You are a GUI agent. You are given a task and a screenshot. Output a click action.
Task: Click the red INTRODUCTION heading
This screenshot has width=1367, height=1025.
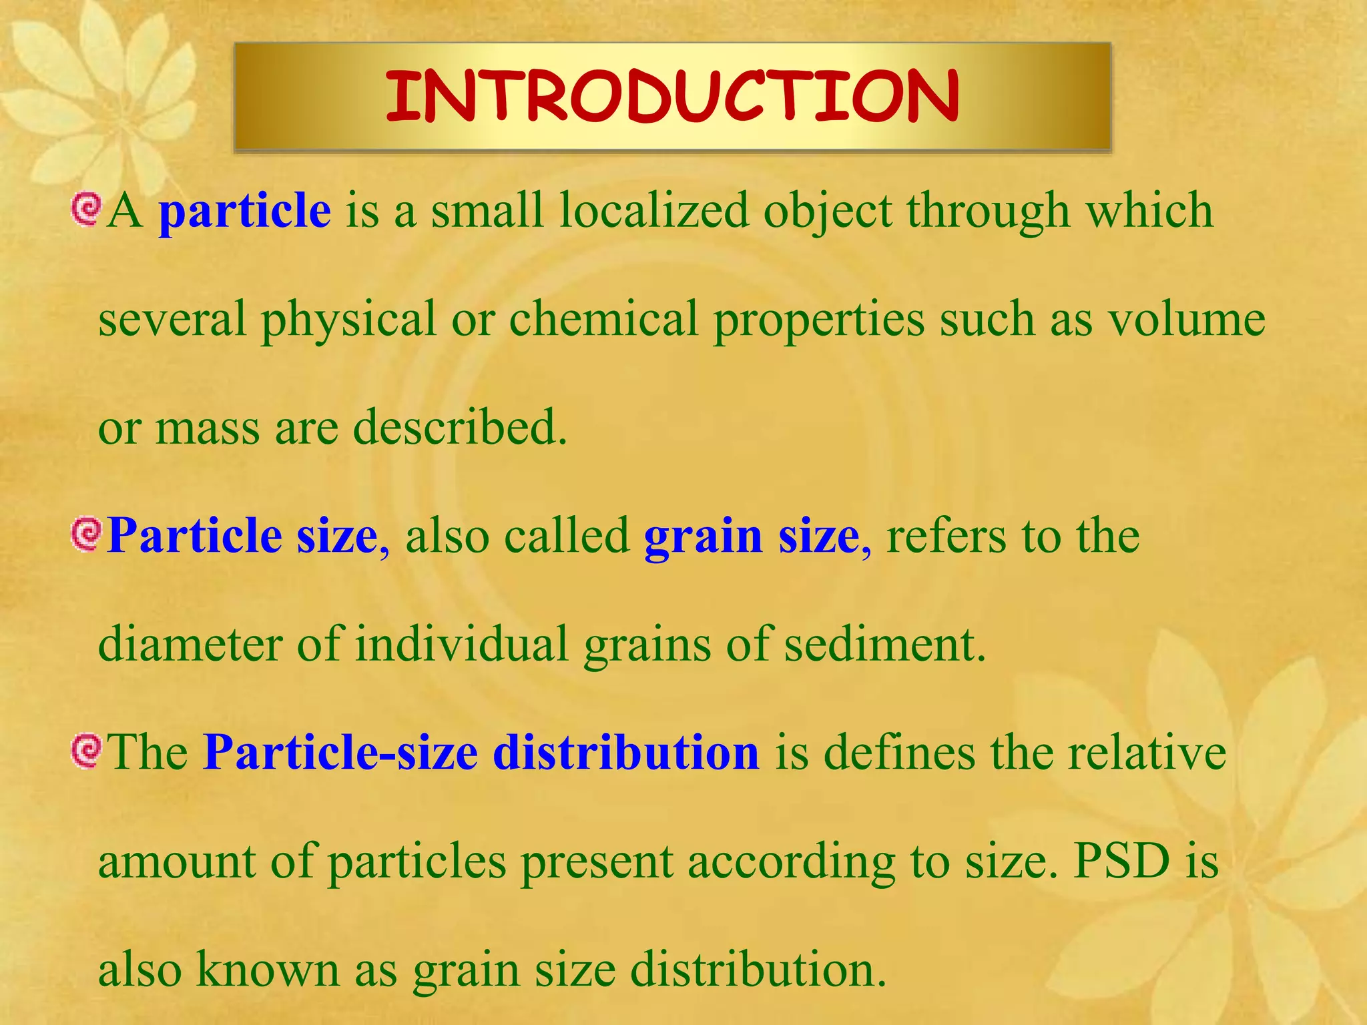pyautogui.click(x=672, y=97)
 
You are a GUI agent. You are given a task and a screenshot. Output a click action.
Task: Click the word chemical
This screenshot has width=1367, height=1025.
pyautogui.click(x=603, y=320)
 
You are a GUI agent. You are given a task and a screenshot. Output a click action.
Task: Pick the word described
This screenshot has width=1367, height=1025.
pyautogui.click(x=460, y=428)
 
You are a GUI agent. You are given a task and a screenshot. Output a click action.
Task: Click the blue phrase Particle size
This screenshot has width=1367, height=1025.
pyautogui.click(x=242, y=537)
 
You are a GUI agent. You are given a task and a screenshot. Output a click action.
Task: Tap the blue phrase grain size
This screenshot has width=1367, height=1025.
pyautogui.click(x=752, y=537)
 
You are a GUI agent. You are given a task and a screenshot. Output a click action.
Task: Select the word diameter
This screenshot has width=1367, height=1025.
pyautogui.click(x=190, y=644)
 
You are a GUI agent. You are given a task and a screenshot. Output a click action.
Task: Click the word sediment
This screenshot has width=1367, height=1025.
pyautogui.click(x=884, y=644)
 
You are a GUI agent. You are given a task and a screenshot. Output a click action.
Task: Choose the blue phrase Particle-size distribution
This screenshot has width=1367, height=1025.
pyautogui.click(x=481, y=753)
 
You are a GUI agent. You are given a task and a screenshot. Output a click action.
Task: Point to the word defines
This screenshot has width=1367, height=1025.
pyautogui.click(x=898, y=753)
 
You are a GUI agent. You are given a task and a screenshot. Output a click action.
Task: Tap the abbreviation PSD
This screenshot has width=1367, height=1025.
pyautogui.click(x=1122, y=861)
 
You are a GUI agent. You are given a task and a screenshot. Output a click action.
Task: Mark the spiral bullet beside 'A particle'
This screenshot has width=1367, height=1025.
pyautogui.click(x=86, y=209)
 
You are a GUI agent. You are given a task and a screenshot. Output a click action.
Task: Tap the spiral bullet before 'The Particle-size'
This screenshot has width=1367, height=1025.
pyautogui.click(x=86, y=751)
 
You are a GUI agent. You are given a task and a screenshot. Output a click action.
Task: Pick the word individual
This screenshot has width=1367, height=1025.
pyautogui.click(x=461, y=644)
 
